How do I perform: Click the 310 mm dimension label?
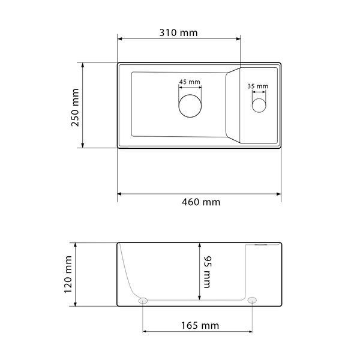[178, 32]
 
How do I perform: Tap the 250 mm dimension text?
[76, 107]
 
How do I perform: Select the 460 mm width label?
[201, 202]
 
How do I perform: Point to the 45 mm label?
[190, 82]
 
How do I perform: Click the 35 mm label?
[257, 86]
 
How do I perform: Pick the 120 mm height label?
[68, 274]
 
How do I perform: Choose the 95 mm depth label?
[208, 272]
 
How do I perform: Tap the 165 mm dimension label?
[200, 325]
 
